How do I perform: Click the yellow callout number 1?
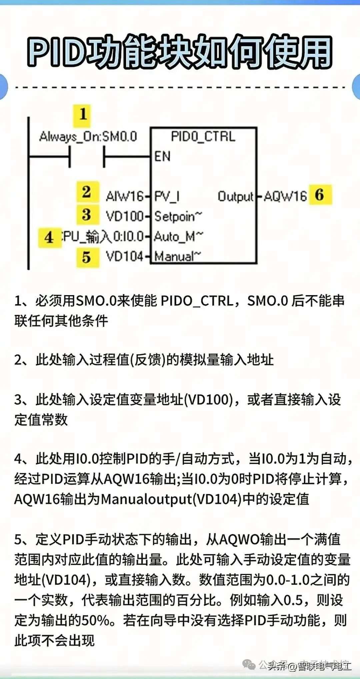pyautogui.click(x=82, y=115)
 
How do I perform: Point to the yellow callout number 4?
pyautogui.click(x=49, y=238)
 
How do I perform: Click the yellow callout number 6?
pyautogui.click(x=320, y=195)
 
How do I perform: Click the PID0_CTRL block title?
pyautogui.click(x=203, y=137)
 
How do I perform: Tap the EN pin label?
pyautogui.click(x=162, y=156)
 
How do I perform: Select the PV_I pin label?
pyautogui.click(x=167, y=196)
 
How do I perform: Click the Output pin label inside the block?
pyautogui.click(x=236, y=196)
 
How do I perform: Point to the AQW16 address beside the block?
pyautogui.click(x=285, y=196)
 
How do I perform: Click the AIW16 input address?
pyautogui.click(x=125, y=196)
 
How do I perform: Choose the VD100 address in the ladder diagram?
pyautogui.click(x=125, y=217)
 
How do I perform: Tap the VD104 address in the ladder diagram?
pyautogui.click(x=125, y=256)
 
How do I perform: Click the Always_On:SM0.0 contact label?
pyautogui.click(x=88, y=137)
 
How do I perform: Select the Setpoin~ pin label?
pyautogui.click(x=178, y=217)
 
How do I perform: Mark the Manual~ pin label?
pyautogui.click(x=178, y=256)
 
